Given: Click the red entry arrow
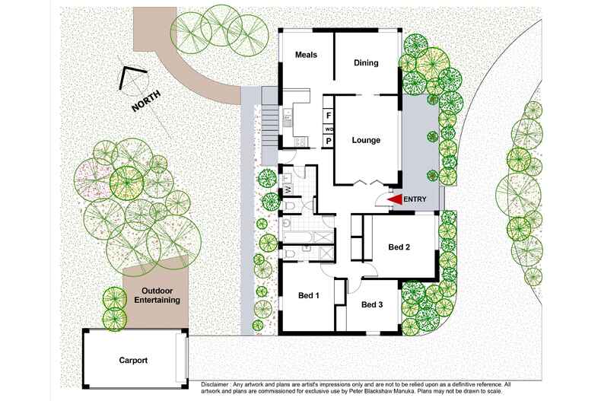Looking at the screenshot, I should click(396, 199).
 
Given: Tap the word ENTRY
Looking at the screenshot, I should click(415, 199).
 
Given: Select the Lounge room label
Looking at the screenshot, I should click(365, 140).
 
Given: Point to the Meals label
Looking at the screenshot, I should click(306, 56).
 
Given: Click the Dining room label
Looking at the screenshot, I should click(366, 63).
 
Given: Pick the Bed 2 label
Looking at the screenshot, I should click(399, 247).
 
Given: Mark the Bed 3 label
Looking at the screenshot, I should click(372, 305).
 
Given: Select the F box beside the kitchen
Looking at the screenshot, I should click(329, 116).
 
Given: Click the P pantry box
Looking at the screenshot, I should click(329, 141).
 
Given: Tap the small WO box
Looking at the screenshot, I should click(329, 129).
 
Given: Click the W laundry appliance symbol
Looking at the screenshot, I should click(288, 189).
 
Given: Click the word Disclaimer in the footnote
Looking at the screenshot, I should click(219, 385).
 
